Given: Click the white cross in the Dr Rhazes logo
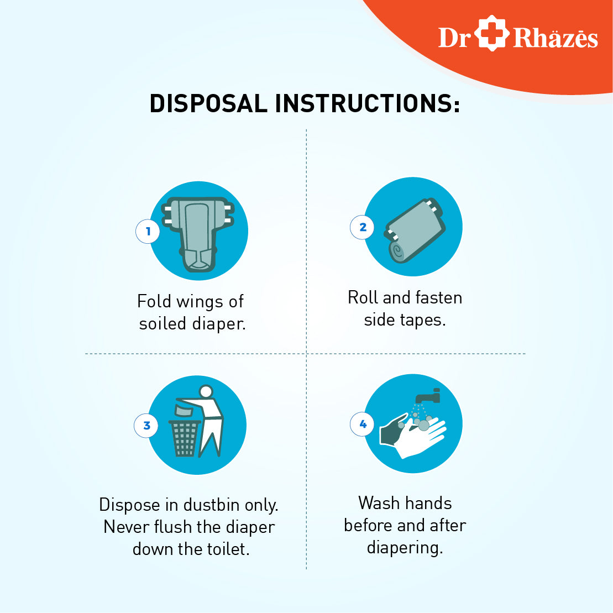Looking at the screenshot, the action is pyautogui.click(x=492, y=33).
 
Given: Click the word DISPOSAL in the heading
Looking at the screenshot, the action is pyautogui.click(x=208, y=103).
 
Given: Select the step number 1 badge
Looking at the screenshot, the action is pyautogui.click(x=148, y=232).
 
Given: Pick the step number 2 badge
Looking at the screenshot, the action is pyautogui.click(x=363, y=227).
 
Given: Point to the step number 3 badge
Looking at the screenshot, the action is pyautogui.click(x=146, y=426).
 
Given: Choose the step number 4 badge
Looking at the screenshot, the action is pyautogui.click(x=363, y=424).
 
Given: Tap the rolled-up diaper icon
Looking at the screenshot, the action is pyautogui.click(x=415, y=230).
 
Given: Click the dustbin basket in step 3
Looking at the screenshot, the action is pyautogui.click(x=185, y=438).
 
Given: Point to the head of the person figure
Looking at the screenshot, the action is pyautogui.click(x=206, y=391).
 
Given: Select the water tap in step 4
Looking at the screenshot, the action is pyautogui.click(x=428, y=396).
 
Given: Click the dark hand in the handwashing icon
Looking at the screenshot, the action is pyautogui.click(x=394, y=429).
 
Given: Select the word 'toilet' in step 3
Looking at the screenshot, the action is pyautogui.click(x=228, y=549).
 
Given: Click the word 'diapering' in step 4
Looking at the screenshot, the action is pyautogui.click(x=405, y=548).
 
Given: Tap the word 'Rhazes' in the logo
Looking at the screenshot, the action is pyautogui.click(x=556, y=38).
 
